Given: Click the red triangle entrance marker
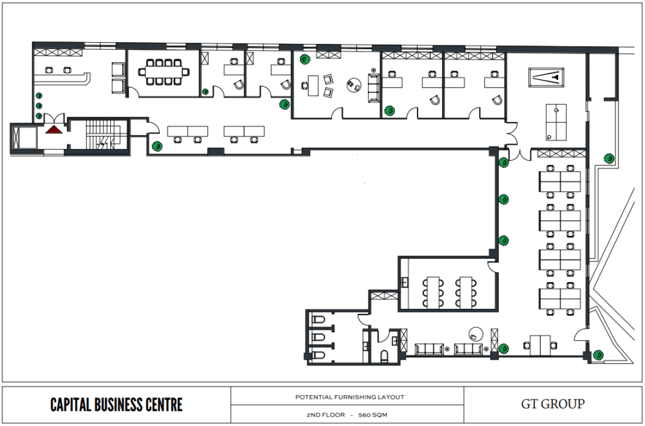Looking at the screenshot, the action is (54, 130).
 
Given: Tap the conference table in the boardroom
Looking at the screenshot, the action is (164, 72).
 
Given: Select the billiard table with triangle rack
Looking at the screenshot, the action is (546, 77).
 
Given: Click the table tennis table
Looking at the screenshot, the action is (556, 123).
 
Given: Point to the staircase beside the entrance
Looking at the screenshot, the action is (103, 134).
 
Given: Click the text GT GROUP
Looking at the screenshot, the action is (552, 404).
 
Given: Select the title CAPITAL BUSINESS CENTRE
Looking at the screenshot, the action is (117, 405).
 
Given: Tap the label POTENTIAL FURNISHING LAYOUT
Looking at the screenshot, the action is (350, 397).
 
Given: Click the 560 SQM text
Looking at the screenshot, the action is (373, 415).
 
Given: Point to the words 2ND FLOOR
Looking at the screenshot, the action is (326, 415).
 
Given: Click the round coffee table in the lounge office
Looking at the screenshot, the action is (354, 85).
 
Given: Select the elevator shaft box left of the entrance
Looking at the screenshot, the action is (23, 137).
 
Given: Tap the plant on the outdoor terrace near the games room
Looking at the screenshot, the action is (609, 158).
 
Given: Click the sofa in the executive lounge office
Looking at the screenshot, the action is (374, 87).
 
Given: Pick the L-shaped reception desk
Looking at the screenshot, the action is (62, 79).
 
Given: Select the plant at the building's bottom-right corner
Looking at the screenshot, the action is (598, 355).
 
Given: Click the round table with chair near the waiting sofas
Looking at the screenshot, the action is (476, 334).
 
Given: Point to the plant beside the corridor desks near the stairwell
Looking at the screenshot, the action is (157, 146).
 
